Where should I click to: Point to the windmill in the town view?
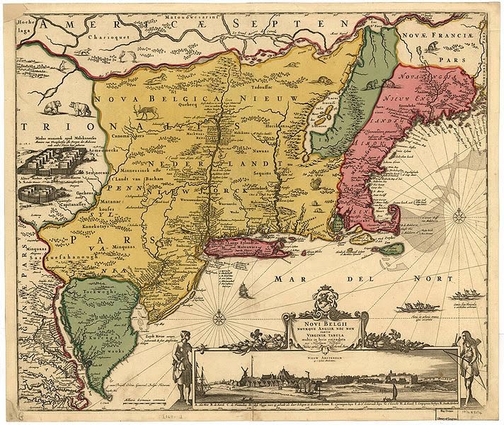(x=241, y=373)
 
